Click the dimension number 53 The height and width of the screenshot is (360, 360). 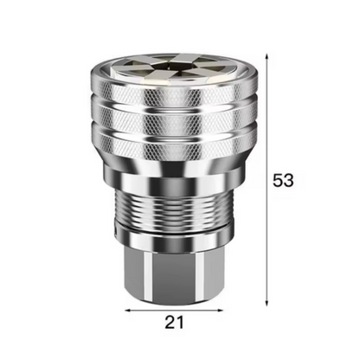pos(283,181)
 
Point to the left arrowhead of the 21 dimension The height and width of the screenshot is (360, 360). pos(127,309)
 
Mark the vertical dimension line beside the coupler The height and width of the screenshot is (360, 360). pos(266,130)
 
